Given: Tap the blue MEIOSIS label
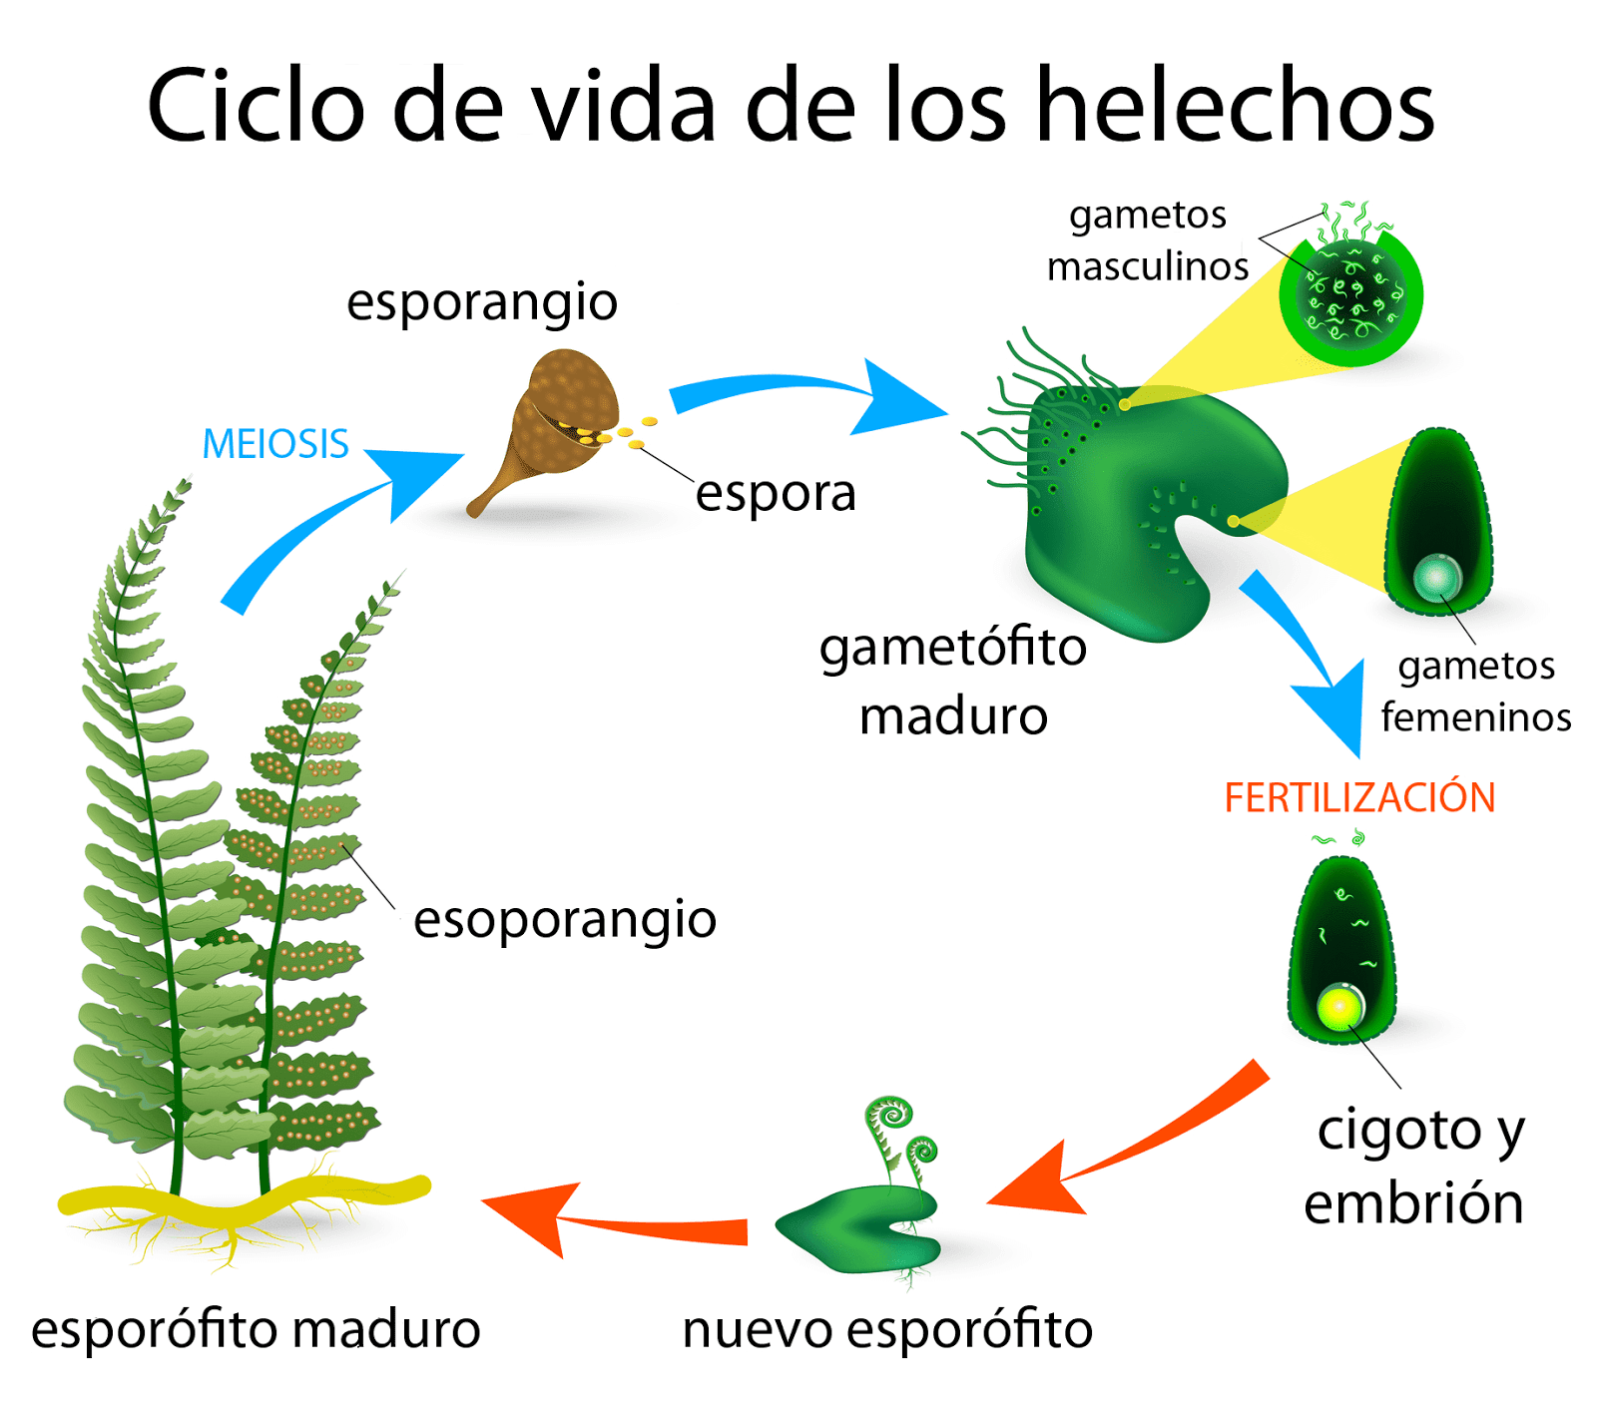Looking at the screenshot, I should coord(275,444).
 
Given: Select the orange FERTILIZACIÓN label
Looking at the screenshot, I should coord(1359,798).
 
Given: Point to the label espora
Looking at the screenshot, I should coord(776,493).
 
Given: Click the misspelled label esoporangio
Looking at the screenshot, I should coord(565,919).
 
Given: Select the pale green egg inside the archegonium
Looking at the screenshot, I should coord(1437,577).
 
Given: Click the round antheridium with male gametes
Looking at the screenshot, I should coord(1351,295).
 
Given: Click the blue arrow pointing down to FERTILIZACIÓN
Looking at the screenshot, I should coord(1313,664).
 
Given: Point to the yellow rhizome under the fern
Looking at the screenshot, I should coord(240,1197).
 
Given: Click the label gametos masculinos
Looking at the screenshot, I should coord(1148,240).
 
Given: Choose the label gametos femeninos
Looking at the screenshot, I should coord(1475,692).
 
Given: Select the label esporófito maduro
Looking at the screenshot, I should coord(256,1330).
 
